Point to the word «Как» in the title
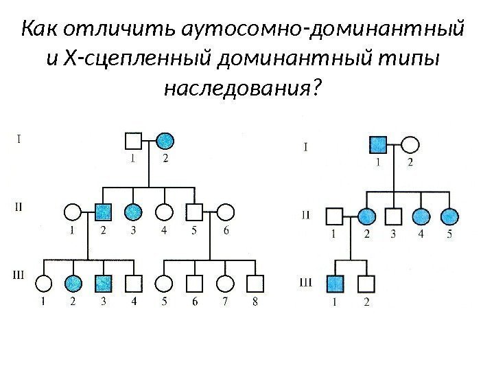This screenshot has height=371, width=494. click(x=43, y=31)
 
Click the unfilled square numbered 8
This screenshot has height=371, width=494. click(x=255, y=282)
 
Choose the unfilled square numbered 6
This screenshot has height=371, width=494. click(x=195, y=282)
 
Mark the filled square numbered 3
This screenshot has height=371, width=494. click(x=104, y=282)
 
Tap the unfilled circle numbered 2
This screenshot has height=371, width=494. click(x=410, y=145)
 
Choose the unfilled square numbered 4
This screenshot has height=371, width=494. click(x=134, y=282)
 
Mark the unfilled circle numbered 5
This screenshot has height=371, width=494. click(x=164, y=282)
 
